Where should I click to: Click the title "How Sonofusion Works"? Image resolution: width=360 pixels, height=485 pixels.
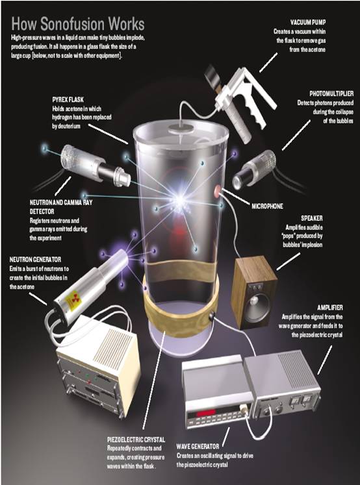(x=78, y=25)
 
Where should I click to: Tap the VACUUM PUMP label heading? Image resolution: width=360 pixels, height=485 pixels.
(x=308, y=22)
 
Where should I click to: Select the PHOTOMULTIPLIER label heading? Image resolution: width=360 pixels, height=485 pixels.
(x=331, y=93)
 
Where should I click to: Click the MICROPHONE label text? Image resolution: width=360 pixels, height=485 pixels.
(x=267, y=206)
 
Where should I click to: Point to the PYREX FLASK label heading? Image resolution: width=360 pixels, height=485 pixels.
(x=68, y=99)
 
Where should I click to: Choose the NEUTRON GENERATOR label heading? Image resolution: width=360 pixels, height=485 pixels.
(x=35, y=259)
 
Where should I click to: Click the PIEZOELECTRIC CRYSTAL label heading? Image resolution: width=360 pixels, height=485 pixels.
(x=136, y=440)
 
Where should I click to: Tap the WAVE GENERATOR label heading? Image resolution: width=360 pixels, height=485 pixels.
(x=198, y=446)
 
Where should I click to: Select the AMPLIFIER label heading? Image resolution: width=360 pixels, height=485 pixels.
(x=330, y=308)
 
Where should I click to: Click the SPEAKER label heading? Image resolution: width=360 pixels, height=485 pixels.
(x=312, y=218)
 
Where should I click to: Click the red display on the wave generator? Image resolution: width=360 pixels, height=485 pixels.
(x=207, y=413)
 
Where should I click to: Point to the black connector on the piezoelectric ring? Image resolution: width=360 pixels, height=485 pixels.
(x=212, y=316)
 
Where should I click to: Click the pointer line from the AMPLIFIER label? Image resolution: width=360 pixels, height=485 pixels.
(x=325, y=360)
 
